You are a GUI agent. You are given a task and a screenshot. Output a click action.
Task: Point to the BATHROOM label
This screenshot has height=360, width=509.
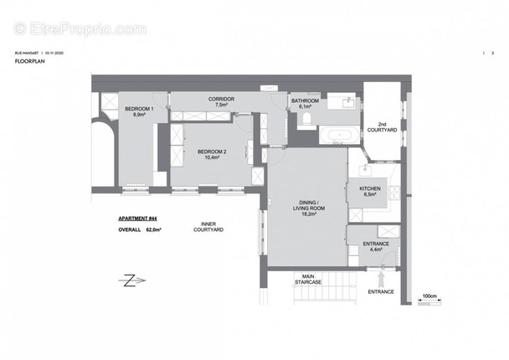click(302, 101)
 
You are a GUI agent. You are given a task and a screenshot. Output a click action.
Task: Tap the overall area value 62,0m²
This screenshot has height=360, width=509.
click(153, 229)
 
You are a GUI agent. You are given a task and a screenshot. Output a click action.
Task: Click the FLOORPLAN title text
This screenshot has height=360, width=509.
click(28, 61)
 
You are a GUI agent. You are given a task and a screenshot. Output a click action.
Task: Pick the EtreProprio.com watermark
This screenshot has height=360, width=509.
click(81, 29)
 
